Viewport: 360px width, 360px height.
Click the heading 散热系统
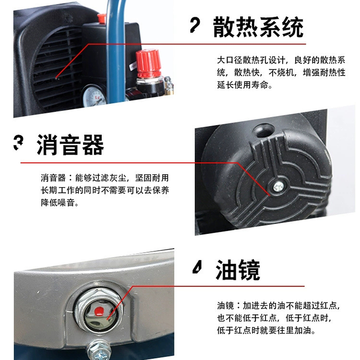point(258,27)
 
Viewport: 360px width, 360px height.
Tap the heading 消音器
point(70,145)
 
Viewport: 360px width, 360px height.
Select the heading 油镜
point(238,270)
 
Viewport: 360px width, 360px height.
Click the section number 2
point(195,25)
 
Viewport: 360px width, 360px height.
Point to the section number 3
point(18,143)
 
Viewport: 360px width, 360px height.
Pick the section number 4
point(197,267)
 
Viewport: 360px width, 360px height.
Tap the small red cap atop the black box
point(101,18)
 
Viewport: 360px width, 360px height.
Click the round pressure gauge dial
point(94,96)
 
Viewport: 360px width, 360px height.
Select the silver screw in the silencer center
point(278,186)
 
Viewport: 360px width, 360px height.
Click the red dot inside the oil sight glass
point(99,311)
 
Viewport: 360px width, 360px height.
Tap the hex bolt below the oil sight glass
point(99,350)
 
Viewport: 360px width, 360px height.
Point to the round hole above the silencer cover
point(263,130)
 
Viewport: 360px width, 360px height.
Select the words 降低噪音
point(58,203)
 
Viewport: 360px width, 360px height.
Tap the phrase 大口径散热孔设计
point(251,60)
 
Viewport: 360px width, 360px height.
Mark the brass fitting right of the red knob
point(169,85)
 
